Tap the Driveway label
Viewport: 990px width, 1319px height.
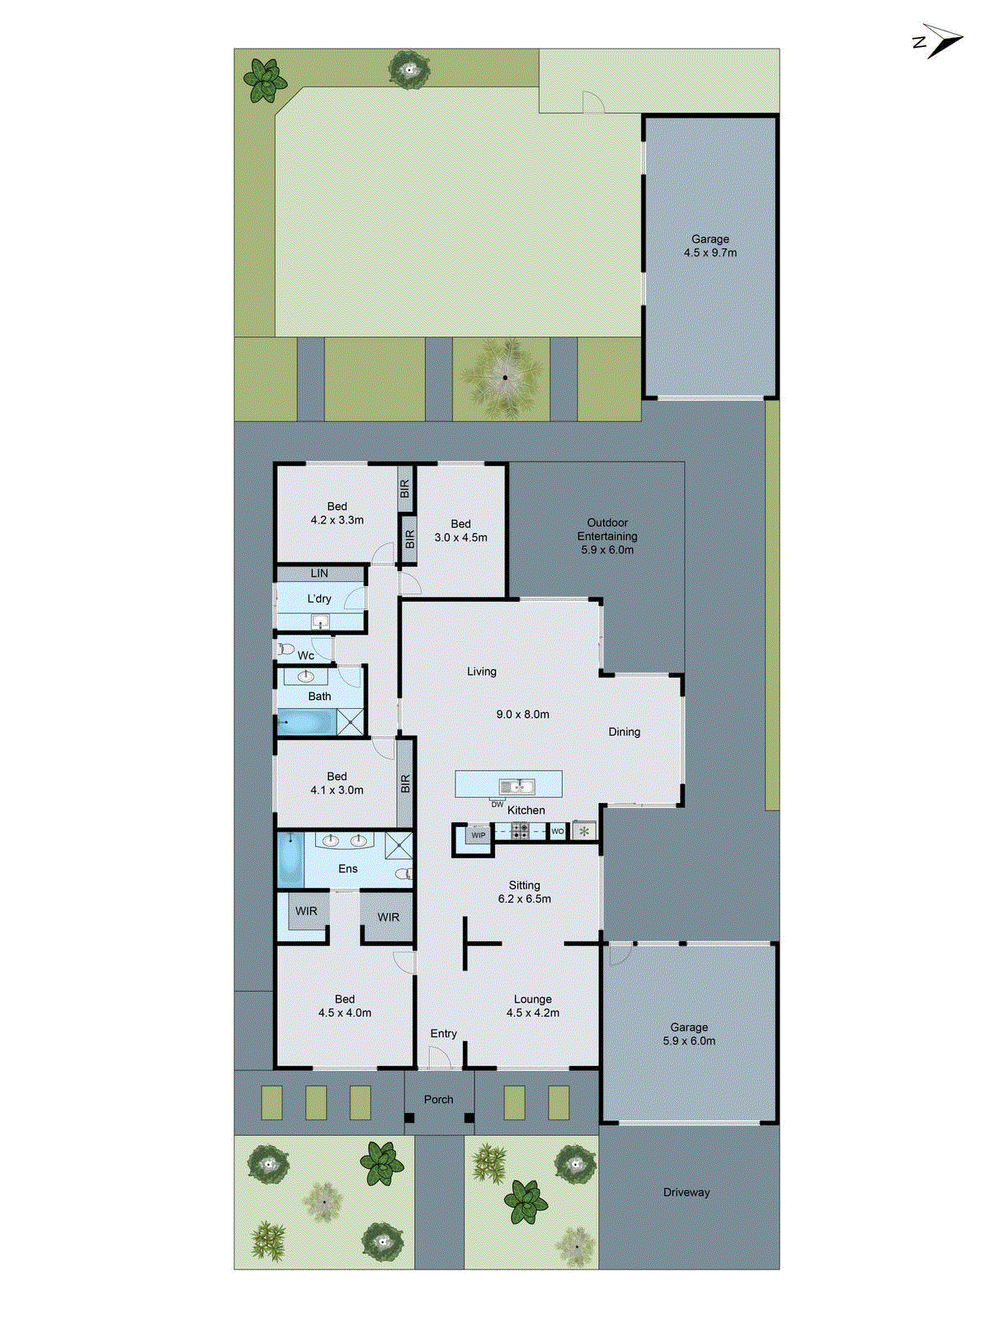(x=686, y=1192)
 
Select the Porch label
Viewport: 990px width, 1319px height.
(x=438, y=1099)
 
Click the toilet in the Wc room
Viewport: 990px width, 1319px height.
(x=285, y=650)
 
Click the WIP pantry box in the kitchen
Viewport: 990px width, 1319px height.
(x=478, y=835)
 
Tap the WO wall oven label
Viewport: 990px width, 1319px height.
(x=558, y=831)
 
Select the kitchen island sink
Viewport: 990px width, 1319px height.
(x=516, y=786)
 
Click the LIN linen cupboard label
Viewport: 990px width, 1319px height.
(x=319, y=573)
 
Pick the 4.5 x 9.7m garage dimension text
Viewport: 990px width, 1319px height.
(x=709, y=253)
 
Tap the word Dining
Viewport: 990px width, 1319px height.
(x=624, y=731)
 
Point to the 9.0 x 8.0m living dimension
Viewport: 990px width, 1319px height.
(x=522, y=714)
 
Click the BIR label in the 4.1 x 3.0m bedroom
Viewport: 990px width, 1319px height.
(x=405, y=783)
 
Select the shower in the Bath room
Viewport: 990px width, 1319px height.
(x=351, y=722)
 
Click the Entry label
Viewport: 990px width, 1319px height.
(x=443, y=1033)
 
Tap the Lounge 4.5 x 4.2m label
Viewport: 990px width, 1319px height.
(x=532, y=1006)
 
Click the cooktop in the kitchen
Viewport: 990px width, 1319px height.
(x=520, y=831)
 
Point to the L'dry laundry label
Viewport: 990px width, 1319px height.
(x=319, y=598)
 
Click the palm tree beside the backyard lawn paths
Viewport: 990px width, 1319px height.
(x=505, y=377)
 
